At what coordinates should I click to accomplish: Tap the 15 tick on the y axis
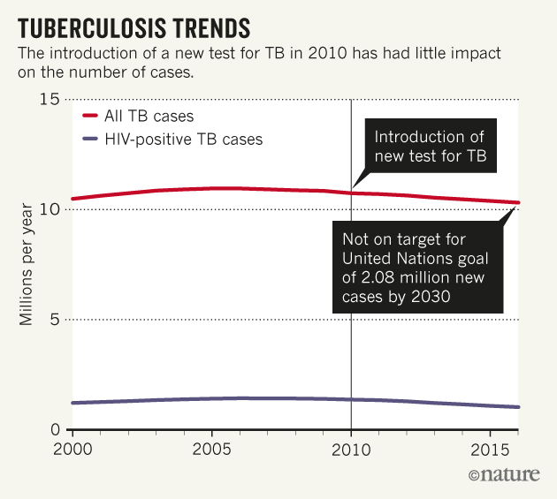50,99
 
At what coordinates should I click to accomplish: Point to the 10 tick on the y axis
50,209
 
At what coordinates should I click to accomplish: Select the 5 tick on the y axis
54,320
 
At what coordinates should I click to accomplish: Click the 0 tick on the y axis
54,430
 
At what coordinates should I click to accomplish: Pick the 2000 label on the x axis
70,447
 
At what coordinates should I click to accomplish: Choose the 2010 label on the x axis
351,447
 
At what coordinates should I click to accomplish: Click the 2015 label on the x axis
490,447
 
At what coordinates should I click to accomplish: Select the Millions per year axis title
27,265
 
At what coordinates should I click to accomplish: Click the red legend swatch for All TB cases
89,116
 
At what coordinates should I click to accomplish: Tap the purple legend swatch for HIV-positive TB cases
89,139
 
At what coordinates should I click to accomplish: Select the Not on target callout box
417,268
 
